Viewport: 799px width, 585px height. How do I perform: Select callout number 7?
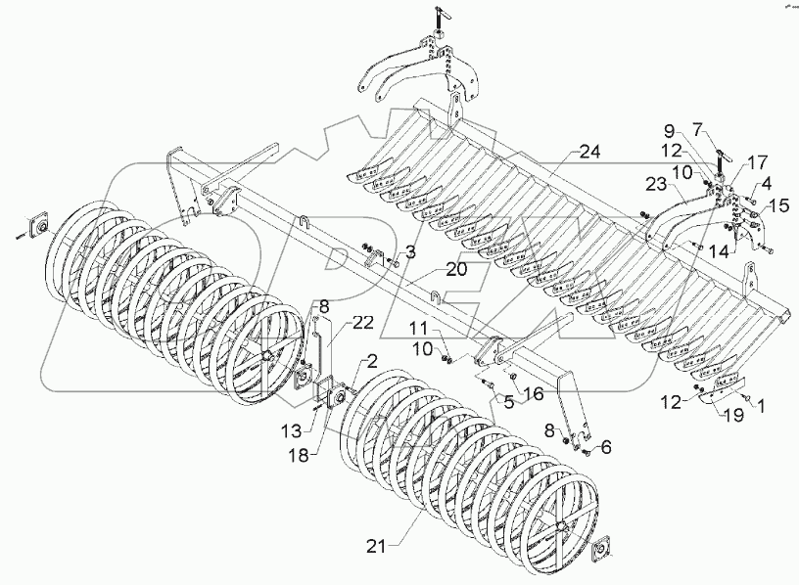[724, 129]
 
